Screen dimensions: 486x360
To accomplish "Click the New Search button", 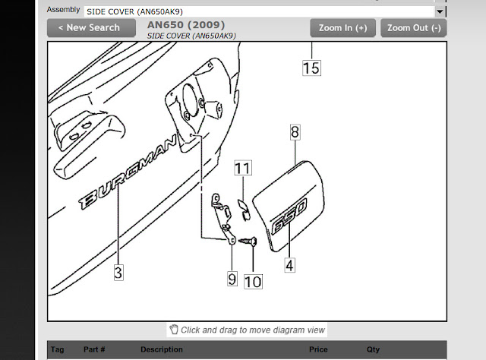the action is pyautogui.click(x=91, y=28).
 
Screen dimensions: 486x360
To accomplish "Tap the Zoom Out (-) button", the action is pyautogui.click(x=413, y=28).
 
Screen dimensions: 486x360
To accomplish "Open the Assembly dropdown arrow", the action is pyautogui.click(x=440, y=12).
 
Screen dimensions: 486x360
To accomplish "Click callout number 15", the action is pyautogui.click(x=311, y=68).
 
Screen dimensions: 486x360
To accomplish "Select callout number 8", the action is pyautogui.click(x=295, y=132).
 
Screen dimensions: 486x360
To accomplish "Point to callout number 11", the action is pyautogui.click(x=243, y=168).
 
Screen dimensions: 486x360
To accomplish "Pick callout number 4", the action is pyautogui.click(x=289, y=265).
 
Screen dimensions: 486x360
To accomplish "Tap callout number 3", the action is pyautogui.click(x=118, y=273).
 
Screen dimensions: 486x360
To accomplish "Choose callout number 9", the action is pyautogui.click(x=232, y=279).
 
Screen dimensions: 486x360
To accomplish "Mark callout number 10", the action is pyautogui.click(x=253, y=282).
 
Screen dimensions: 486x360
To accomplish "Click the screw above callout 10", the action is pyautogui.click(x=248, y=241).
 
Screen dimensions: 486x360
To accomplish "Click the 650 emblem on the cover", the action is pyautogui.click(x=289, y=216).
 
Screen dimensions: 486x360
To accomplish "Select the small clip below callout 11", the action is pyautogui.click(x=244, y=210).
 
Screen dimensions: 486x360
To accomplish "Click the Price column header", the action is pyautogui.click(x=318, y=349).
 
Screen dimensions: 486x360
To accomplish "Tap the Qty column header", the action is pyautogui.click(x=373, y=349).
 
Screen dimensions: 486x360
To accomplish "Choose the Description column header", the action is pyautogui.click(x=162, y=349).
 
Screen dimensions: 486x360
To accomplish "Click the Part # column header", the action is pyautogui.click(x=94, y=349).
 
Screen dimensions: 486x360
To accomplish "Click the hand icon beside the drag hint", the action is pyautogui.click(x=174, y=330).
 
